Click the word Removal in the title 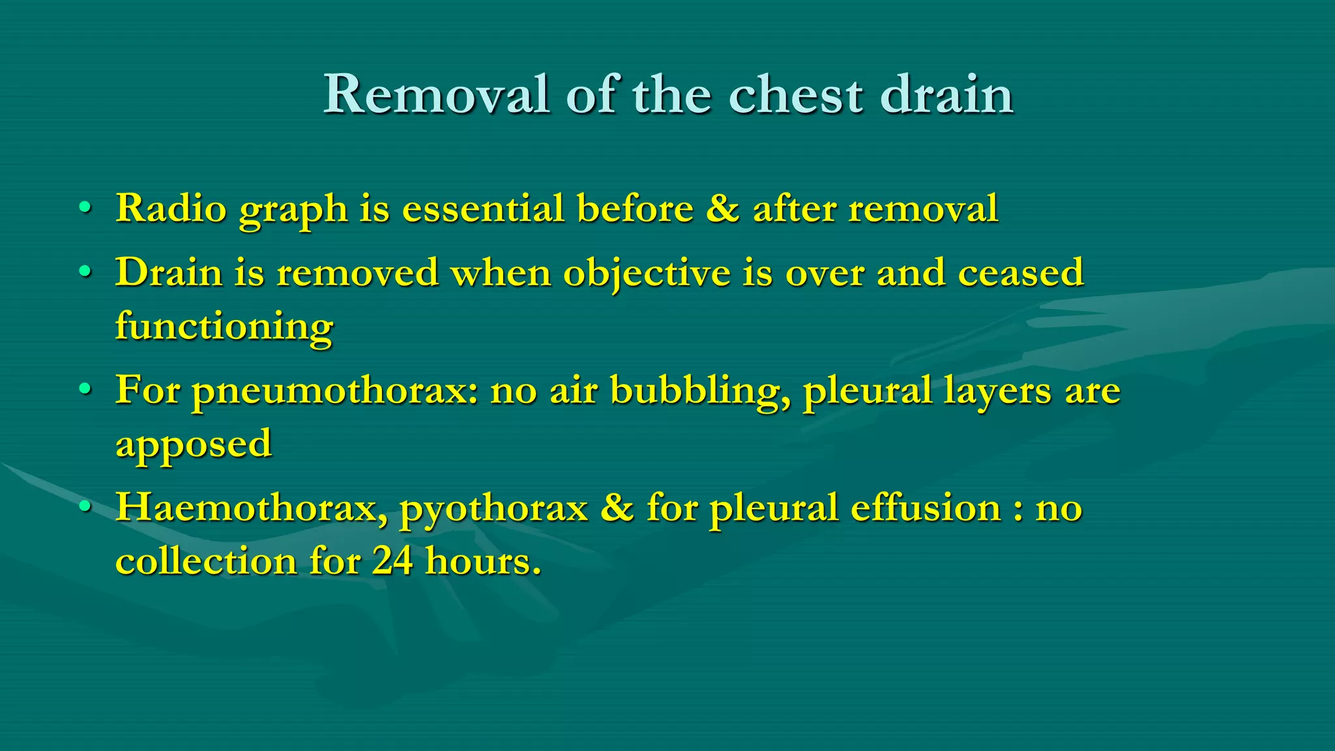tap(436, 95)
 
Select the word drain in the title tap(946, 95)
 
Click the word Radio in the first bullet tap(171, 209)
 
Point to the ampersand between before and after tap(722, 209)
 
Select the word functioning tap(224, 326)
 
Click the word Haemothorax tap(252, 508)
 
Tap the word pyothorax tap(493, 509)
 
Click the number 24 tap(392, 561)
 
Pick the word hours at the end tap(482, 561)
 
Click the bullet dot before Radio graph tap(84, 208)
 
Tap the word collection tap(206, 561)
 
